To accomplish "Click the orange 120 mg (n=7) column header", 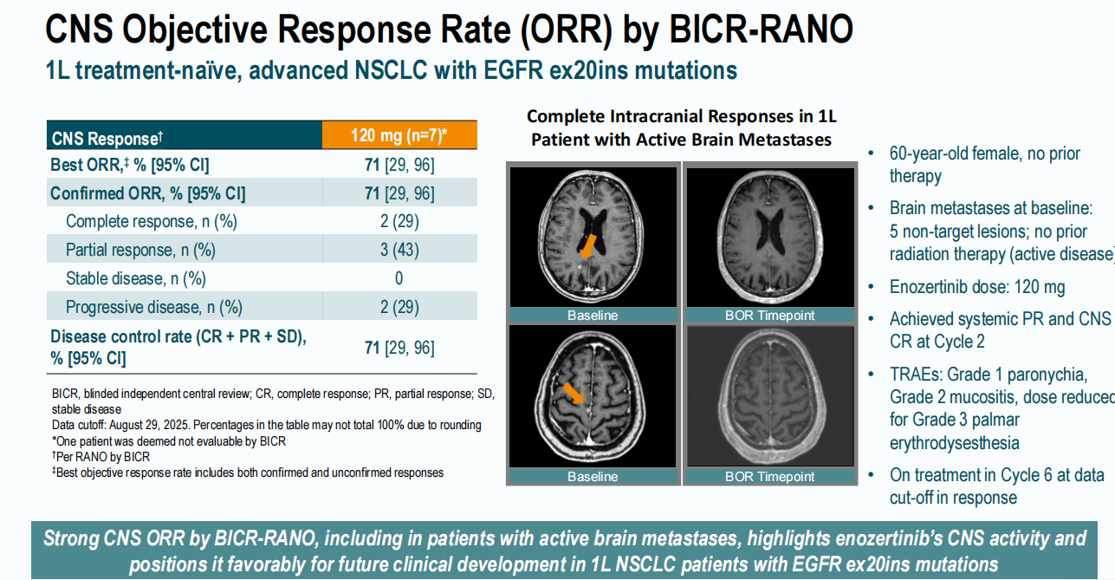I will point(399,135).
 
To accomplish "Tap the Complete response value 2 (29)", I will point(399,221).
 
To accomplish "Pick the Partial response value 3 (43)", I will point(399,250).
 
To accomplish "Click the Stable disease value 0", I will point(399,278).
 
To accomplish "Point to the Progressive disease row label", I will point(153,307).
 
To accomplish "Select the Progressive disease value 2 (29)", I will point(399,307).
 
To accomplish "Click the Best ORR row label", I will point(129,165).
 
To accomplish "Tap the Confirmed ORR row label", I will point(147,193).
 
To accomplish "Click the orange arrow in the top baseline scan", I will point(588,245).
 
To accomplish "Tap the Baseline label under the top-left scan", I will point(593,316).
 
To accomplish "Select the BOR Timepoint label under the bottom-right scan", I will point(769,476).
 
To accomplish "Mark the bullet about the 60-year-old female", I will point(984,165).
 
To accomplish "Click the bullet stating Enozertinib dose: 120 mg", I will point(976,287).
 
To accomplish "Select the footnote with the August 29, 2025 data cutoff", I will point(266,425).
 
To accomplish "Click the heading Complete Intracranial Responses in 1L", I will point(681,116).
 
